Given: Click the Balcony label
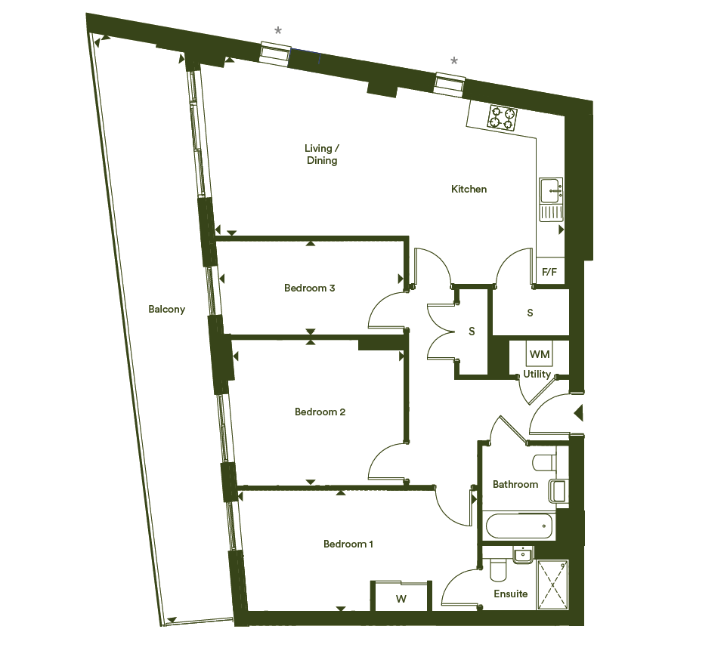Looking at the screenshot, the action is (x=167, y=309).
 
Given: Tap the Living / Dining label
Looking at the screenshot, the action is (x=322, y=154).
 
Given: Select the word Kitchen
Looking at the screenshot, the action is (x=469, y=189).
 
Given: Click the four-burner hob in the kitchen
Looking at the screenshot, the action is (x=502, y=118).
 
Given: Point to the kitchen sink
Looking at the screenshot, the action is (x=551, y=199).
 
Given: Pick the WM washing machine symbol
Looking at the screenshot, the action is (x=540, y=353).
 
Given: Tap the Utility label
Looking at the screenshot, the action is (x=537, y=374).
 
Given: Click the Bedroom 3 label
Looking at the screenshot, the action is (x=309, y=288).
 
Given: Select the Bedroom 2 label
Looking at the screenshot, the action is (x=320, y=412).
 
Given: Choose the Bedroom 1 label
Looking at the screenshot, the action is (x=348, y=544).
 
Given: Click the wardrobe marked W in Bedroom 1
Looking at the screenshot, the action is (x=401, y=596).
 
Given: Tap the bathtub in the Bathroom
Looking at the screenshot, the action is (x=519, y=526).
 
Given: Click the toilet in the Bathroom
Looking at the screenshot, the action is (x=545, y=463).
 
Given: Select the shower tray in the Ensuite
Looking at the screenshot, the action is (x=552, y=584).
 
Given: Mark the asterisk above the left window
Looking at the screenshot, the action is (x=278, y=32).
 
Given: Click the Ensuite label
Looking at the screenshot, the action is (x=511, y=594).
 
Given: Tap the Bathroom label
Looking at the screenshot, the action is (x=515, y=484).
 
